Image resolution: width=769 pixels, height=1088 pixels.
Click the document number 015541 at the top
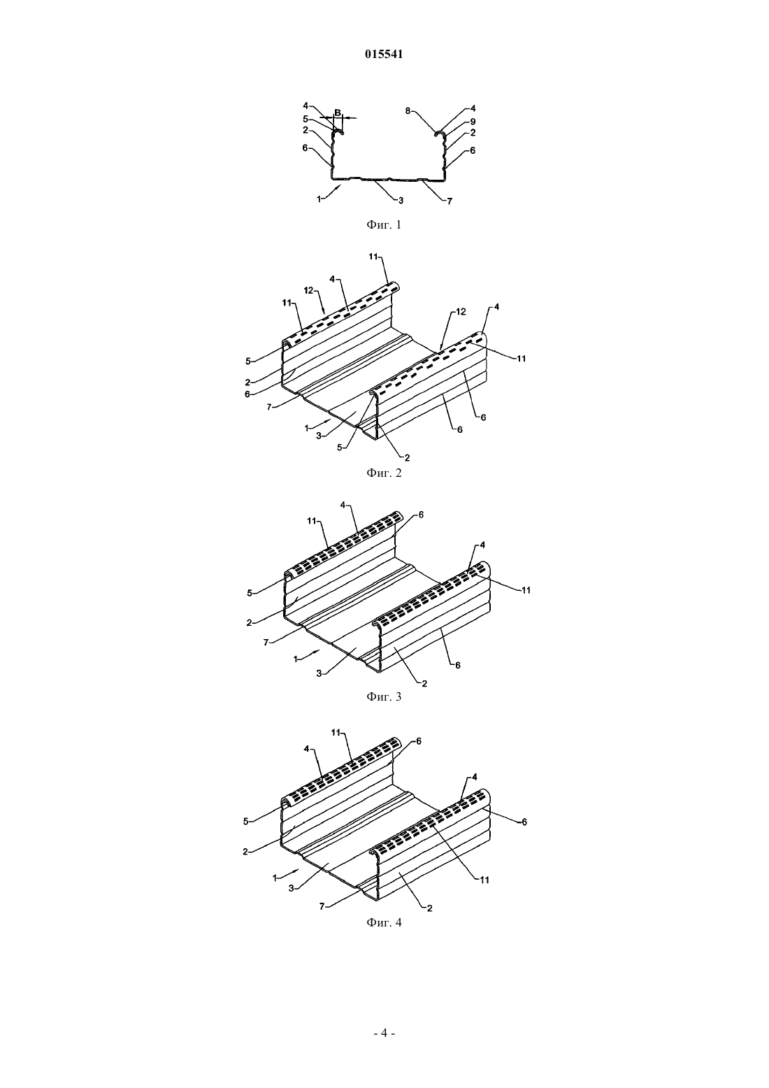[x=384, y=55]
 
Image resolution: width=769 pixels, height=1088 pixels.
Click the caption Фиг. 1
[x=384, y=224]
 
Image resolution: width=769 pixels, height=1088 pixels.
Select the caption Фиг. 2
[x=384, y=473]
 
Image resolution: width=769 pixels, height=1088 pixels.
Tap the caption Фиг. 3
[x=384, y=696]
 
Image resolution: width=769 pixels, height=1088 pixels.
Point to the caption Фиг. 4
[x=384, y=922]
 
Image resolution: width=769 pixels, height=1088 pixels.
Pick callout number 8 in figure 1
[x=408, y=110]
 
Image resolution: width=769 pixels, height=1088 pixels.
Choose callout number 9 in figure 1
[x=473, y=122]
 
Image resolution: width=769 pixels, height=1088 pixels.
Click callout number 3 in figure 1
[x=401, y=199]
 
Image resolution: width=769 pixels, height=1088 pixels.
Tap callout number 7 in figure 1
[x=450, y=201]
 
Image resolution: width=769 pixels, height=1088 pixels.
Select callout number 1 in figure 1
[x=319, y=199]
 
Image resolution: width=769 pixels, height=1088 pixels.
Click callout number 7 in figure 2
[x=269, y=406]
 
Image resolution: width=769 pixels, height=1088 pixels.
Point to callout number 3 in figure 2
[x=319, y=436]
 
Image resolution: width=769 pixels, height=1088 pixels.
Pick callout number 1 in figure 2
[x=307, y=428]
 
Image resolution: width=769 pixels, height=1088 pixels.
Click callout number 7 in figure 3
[x=266, y=642]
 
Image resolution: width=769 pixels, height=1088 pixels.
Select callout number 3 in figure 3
[x=319, y=673]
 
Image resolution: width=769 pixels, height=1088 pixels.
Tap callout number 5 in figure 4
[x=245, y=822]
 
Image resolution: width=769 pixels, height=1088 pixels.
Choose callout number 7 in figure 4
[x=322, y=906]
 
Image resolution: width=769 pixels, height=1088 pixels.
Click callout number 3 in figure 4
[x=291, y=889]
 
